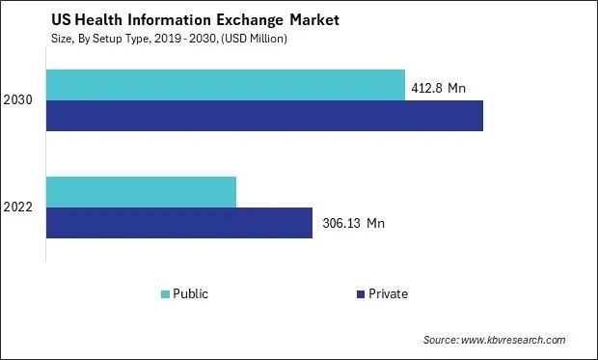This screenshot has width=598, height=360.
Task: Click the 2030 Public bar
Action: [x=225, y=84]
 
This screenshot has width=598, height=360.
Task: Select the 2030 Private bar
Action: [x=264, y=115]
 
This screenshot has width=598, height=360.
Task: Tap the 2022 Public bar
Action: [x=141, y=191]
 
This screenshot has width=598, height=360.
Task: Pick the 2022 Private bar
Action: [x=178, y=222]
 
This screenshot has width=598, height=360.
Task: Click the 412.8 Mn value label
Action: [x=440, y=88]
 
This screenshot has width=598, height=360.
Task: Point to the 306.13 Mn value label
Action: [x=353, y=223]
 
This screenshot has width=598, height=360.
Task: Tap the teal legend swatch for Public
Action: [x=165, y=294]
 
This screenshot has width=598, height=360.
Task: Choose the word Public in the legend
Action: [x=190, y=294]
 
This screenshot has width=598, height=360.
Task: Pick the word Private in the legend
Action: [x=388, y=294]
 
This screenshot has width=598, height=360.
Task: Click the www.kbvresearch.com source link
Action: [x=514, y=341]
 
